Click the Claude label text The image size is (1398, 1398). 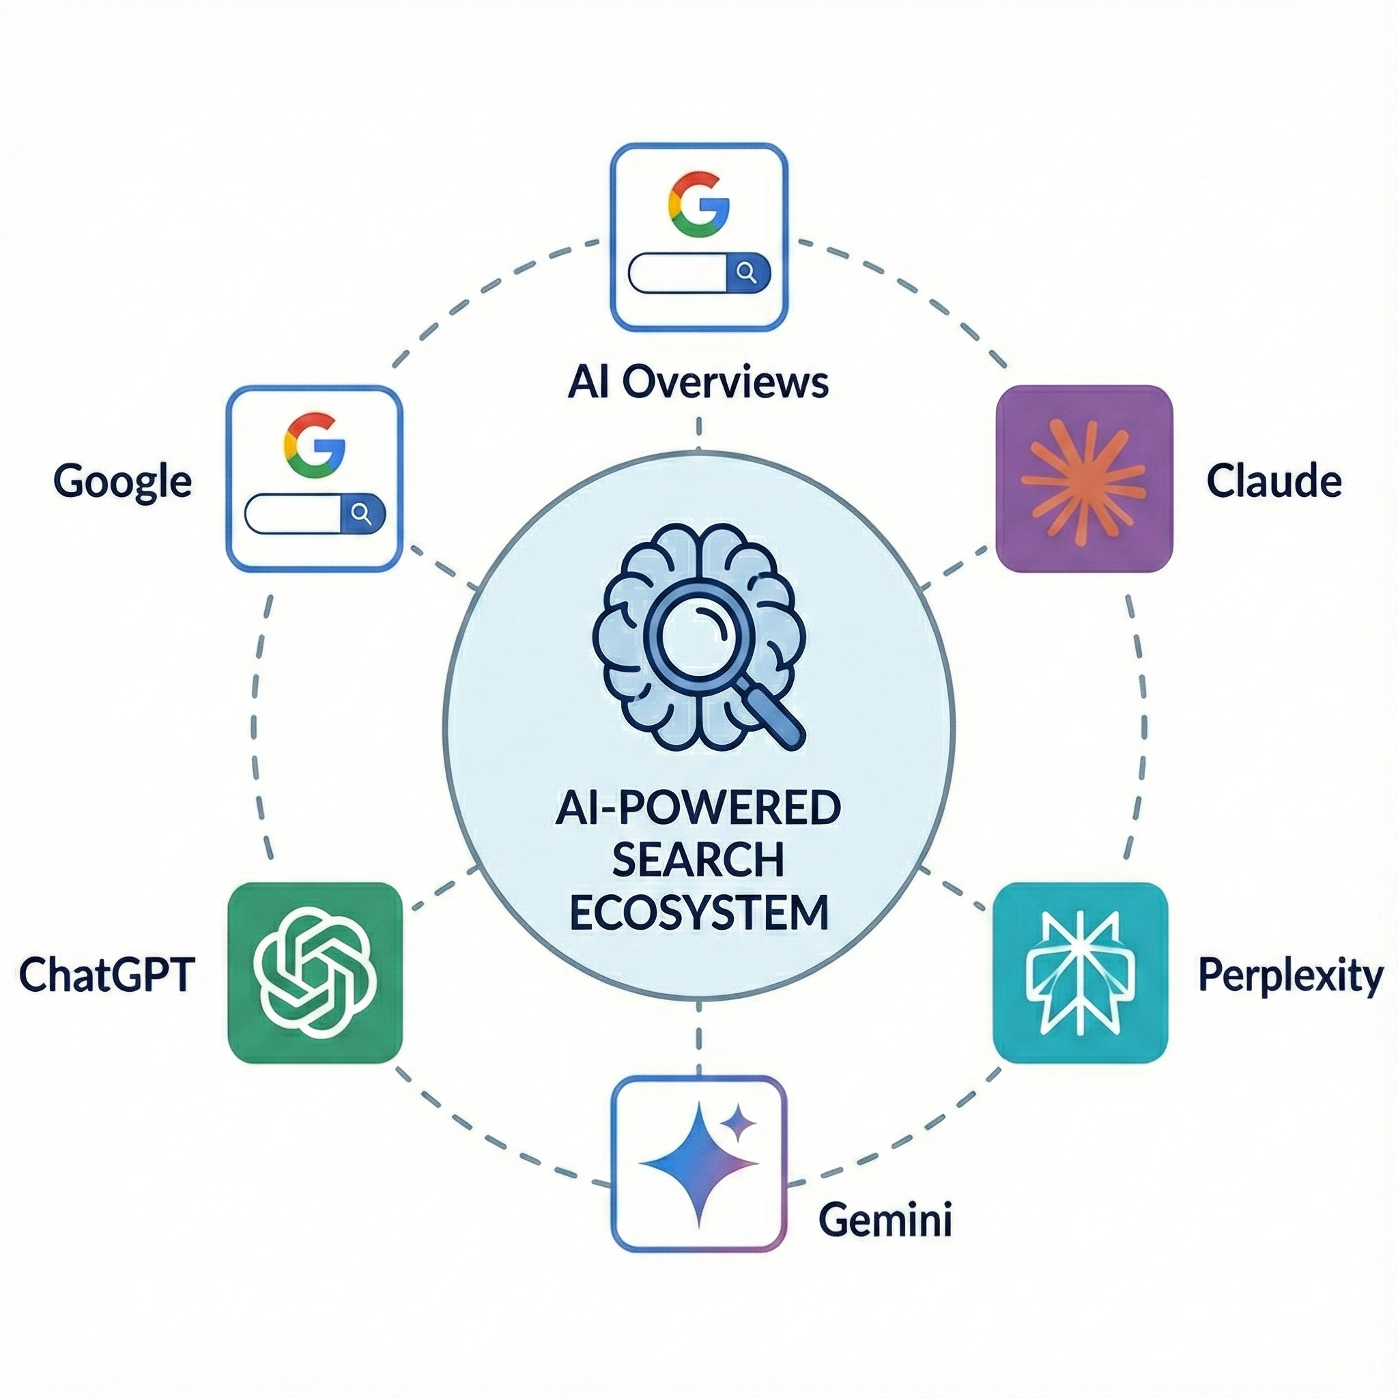tap(1274, 481)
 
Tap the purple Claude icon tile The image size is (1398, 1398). tap(1083, 479)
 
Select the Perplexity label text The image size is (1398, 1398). tap(1290, 976)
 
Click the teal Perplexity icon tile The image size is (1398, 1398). tap(1081, 973)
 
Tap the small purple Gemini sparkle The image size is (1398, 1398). tap(739, 1123)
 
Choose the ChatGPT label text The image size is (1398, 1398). tap(106, 975)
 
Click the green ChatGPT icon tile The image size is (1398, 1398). tap(315, 973)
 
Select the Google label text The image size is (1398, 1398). tap(122, 481)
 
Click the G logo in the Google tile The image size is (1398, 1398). tap(314, 445)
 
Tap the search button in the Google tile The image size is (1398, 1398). tap(362, 515)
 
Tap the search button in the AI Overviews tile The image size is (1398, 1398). tap(746, 273)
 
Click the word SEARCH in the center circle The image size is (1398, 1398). tap(698, 859)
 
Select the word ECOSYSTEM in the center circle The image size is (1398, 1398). tap(698, 913)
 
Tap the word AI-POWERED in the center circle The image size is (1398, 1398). tap(698, 808)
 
